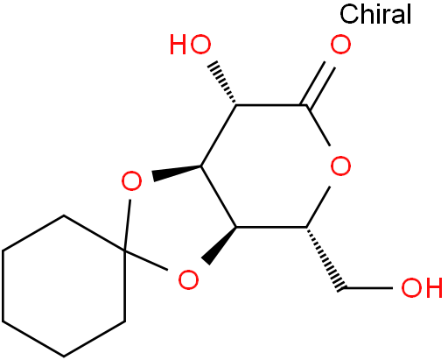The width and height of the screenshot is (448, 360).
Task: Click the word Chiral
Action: (375, 14)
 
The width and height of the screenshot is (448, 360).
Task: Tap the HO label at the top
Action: (191, 45)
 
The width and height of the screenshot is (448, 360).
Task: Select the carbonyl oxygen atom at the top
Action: (340, 45)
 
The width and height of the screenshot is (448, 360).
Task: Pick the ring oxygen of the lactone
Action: (340, 166)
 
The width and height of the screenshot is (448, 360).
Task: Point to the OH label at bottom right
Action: (422, 287)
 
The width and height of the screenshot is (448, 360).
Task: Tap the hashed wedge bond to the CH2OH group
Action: (325, 259)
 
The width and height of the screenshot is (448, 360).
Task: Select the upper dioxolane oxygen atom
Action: (131, 181)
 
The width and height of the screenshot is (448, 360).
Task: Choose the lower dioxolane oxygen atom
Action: (188, 279)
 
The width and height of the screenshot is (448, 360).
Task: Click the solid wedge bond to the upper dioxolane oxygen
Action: (177, 173)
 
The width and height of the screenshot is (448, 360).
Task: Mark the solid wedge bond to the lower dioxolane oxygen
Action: (220, 246)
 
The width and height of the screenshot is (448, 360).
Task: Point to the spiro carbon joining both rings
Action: (124, 251)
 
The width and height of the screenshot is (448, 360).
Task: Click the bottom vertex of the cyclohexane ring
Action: (64, 356)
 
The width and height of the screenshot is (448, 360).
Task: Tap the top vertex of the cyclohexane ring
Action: (64, 215)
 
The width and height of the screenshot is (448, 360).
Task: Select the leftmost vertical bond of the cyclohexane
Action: (3, 286)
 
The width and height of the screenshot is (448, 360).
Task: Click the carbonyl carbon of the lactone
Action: (306, 105)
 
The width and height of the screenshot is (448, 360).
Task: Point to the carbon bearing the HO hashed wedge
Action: (236, 104)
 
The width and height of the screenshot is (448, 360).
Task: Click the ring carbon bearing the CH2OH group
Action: (306, 227)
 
